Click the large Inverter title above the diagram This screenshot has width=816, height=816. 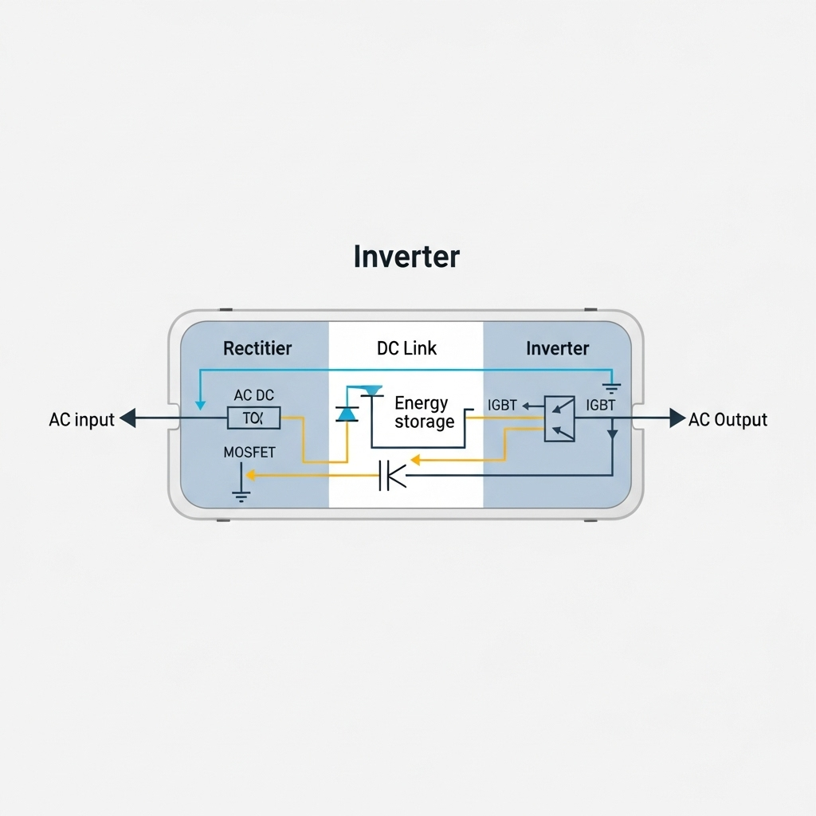pyautogui.click(x=406, y=257)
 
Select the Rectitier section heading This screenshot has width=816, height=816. pyautogui.click(x=257, y=348)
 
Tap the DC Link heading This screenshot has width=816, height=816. pyautogui.click(x=406, y=348)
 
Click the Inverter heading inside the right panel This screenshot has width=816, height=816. pyautogui.click(x=558, y=348)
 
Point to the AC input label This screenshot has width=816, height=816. pyautogui.click(x=81, y=419)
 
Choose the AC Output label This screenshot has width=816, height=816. pyautogui.click(x=728, y=419)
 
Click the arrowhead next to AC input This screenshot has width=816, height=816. pyautogui.click(x=127, y=418)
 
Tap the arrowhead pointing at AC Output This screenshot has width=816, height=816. pyautogui.click(x=677, y=418)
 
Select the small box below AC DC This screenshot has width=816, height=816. pyautogui.click(x=253, y=418)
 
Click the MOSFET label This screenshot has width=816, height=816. pyautogui.click(x=249, y=453)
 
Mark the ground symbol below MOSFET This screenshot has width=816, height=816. pyautogui.click(x=241, y=495)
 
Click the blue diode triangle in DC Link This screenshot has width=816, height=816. pyautogui.click(x=347, y=413)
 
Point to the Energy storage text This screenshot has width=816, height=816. pyautogui.click(x=422, y=412)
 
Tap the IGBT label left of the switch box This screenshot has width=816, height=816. pyautogui.click(x=502, y=406)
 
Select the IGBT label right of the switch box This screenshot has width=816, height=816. pyautogui.click(x=600, y=406)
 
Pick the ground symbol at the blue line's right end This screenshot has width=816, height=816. pyautogui.click(x=612, y=388)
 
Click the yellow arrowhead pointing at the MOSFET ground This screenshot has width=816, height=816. pyautogui.click(x=250, y=476)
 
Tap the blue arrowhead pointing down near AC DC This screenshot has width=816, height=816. pyautogui.click(x=199, y=406)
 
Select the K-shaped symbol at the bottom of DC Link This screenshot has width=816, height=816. pyautogui.click(x=392, y=476)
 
